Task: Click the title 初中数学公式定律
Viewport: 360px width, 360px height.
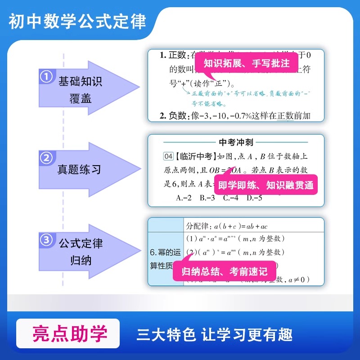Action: coord(77,21)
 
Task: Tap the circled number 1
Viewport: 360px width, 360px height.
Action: coord(46,77)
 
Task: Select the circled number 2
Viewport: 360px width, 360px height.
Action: coord(46,158)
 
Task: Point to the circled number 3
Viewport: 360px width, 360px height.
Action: coord(46,240)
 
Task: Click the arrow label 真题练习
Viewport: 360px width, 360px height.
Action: coord(79,170)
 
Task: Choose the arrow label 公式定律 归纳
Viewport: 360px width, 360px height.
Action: coord(81,252)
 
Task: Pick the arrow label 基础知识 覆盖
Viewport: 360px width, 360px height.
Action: coord(81,90)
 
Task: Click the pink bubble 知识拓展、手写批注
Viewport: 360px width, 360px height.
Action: coord(246,63)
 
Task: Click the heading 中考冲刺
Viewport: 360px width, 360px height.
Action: coord(236,142)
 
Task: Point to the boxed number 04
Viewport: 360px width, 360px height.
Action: coord(167,157)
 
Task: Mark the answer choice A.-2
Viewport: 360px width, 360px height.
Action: coord(184,197)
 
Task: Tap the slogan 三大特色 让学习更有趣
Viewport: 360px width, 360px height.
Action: coord(215,335)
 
